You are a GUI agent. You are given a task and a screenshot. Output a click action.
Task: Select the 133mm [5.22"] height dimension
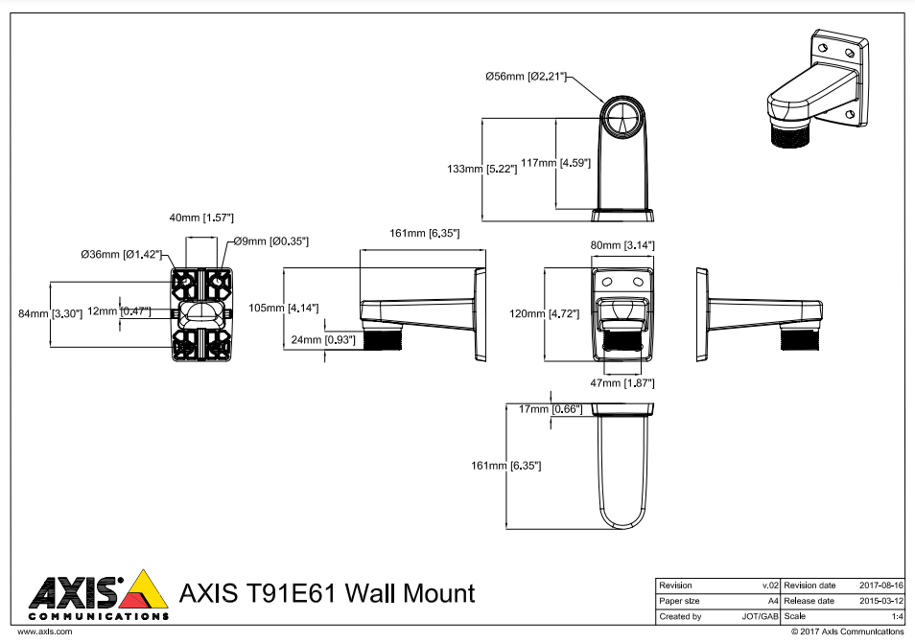[482, 169]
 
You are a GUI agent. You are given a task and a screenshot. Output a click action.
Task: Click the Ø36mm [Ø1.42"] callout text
[123, 255]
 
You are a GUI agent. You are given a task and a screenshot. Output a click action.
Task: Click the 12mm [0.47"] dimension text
[119, 310]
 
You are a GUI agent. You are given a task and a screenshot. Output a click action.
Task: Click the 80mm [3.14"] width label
[622, 246]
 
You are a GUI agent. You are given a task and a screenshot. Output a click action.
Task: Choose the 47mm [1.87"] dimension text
[622, 383]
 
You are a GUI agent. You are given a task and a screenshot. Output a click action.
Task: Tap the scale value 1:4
[898, 616]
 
